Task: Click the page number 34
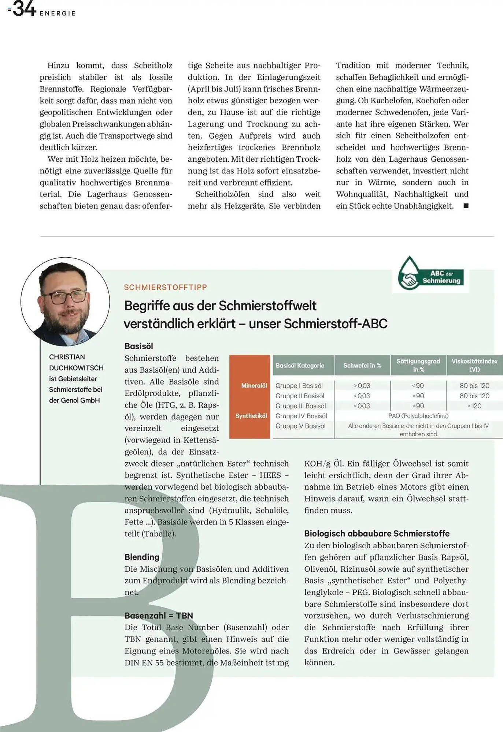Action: click(24, 9)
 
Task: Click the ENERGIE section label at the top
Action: click(58, 14)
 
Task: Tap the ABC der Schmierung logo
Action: click(430, 274)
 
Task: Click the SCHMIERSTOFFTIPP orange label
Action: click(165, 287)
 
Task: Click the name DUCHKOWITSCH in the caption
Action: click(76, 368)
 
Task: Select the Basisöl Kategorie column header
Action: click(300, 365)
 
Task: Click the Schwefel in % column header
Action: click(362, 365)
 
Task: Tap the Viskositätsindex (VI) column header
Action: click(474, 365)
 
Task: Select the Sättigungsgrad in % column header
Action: click(418, 365)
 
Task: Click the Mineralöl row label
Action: click(254, 385)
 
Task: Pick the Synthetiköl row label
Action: click(251, 416)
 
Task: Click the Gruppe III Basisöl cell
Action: click(300, 406)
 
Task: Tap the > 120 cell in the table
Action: click(474, 406)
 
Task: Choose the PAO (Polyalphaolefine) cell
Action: click(418, 416)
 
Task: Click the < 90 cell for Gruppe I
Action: click(418, 385)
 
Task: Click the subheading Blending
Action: click(142, 557)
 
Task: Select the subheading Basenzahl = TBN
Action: click(159, 615)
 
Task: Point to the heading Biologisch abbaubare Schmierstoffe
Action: click(377, 533)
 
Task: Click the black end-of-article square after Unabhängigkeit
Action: click(466, 206)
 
